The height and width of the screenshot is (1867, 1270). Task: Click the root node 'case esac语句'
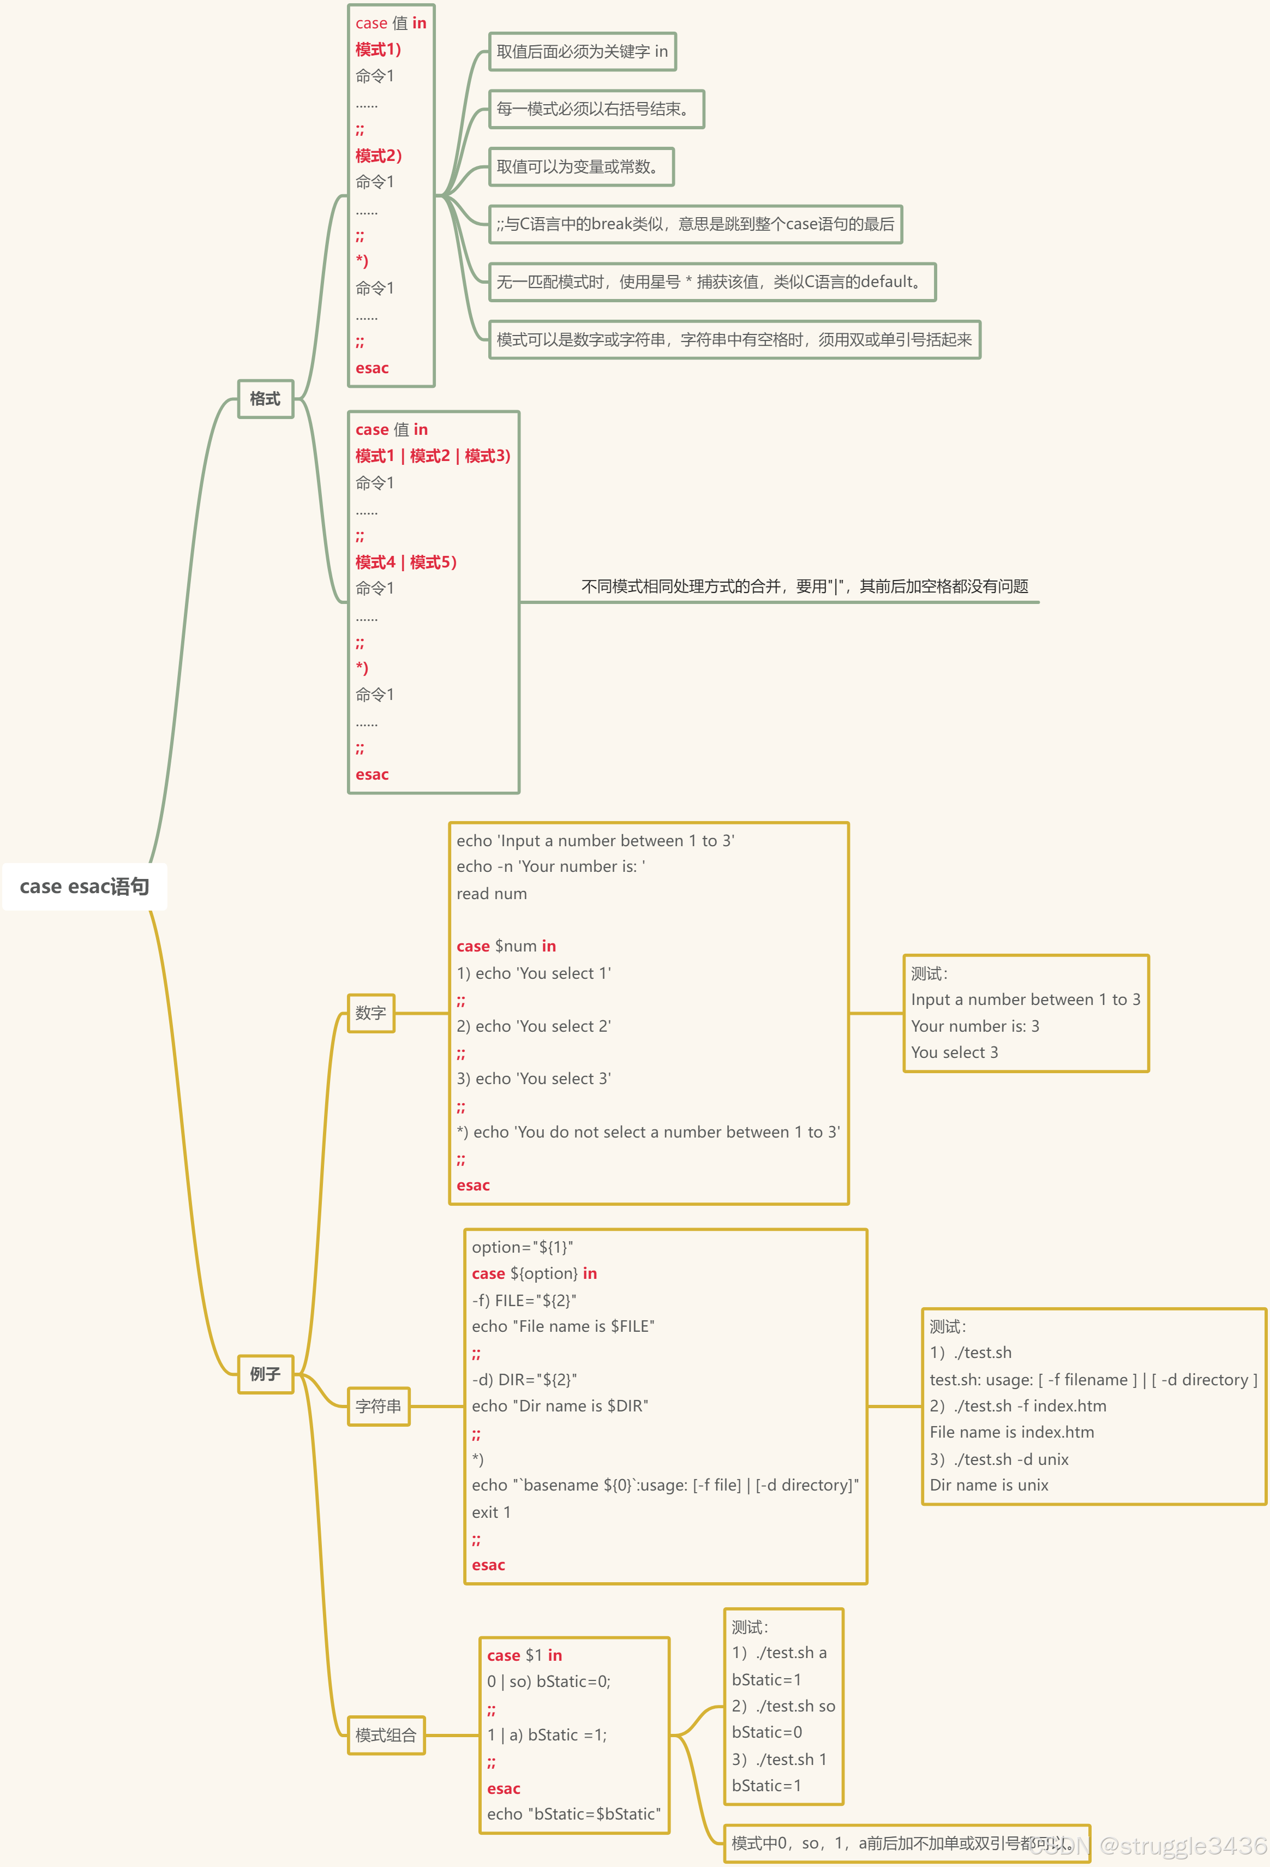point(85,887)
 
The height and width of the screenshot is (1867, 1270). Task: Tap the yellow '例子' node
point(265,1374)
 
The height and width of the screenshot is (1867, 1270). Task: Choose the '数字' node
point(370,1013)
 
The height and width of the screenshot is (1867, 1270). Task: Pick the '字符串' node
point(379,1407)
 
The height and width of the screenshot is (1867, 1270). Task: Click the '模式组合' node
point(386,1736)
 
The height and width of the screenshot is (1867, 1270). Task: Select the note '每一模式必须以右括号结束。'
point(596,109)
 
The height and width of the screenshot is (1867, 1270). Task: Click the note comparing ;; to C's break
point(695,224)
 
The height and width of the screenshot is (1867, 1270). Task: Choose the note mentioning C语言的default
point(712,282)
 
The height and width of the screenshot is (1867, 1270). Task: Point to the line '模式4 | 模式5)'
point(406,563)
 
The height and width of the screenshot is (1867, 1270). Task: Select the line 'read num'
point(492,894)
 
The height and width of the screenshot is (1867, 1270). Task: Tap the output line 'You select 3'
point(954,1052)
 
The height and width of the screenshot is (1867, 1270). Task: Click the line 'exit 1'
point(491,1513)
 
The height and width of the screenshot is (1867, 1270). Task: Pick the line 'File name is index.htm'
point(1011,1432)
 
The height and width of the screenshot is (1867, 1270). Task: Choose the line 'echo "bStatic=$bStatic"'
point(573,1814)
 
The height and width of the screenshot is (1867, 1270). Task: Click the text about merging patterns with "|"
point(804,587)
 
